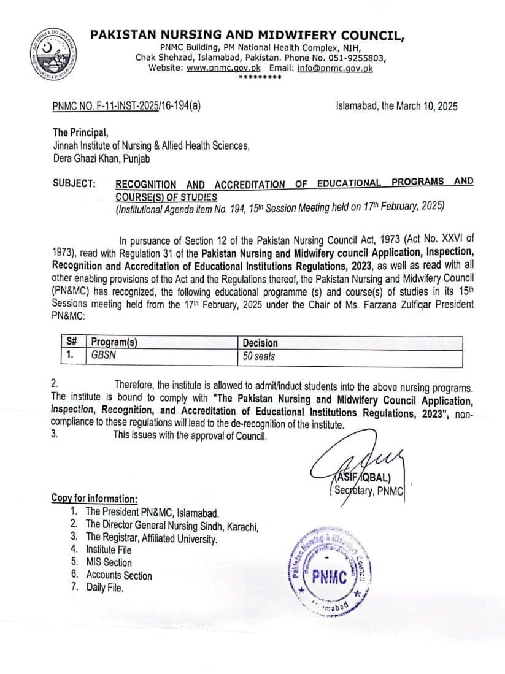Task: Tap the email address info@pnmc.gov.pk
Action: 334,68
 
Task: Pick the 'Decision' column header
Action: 260,343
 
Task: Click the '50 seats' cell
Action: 259,356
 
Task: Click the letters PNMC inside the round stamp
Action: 330,577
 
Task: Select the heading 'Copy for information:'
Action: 94,499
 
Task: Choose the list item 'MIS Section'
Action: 109,562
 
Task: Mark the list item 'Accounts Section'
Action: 118,575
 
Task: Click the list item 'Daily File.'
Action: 105,588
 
